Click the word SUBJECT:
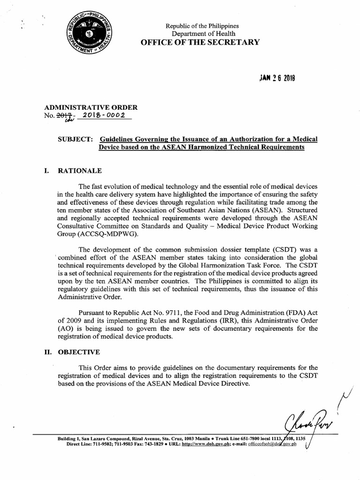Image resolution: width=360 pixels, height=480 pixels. (x=75, y=139)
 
